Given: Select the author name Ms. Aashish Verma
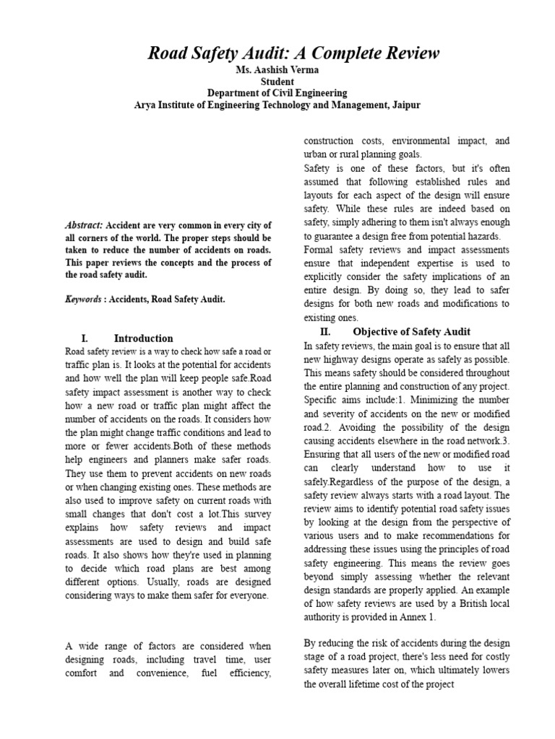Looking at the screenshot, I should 277,71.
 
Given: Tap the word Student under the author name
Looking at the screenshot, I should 277,82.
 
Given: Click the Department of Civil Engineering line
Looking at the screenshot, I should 277,93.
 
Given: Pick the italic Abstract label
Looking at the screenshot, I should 84,225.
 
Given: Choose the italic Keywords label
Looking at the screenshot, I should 83,299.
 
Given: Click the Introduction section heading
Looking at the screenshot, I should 144,338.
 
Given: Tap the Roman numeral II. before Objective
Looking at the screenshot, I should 325,331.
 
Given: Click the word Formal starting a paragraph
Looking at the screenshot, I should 319,250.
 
